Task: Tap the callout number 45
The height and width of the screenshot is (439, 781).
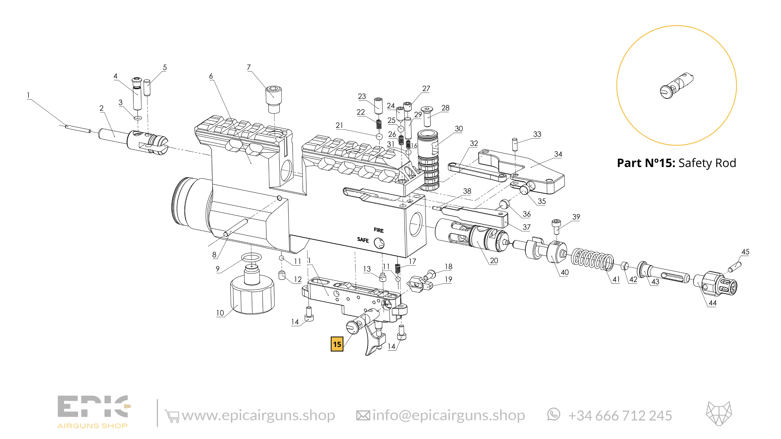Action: click(745, 252)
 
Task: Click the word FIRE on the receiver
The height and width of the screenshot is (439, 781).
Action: click(378, 230)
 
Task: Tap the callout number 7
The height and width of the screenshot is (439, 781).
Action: click(249, 67)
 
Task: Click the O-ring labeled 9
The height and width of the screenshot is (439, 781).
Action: click(251, 258)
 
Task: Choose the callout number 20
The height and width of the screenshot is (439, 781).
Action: click(494, 260)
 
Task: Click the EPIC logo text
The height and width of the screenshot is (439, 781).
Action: click(93, 407)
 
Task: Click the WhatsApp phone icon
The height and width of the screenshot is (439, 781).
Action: click(554, 414)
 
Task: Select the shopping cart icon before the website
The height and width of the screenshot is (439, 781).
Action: click(172, 416)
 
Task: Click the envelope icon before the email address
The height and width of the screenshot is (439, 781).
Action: click(363, 416)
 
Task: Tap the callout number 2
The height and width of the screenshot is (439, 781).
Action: click(102, 108)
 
